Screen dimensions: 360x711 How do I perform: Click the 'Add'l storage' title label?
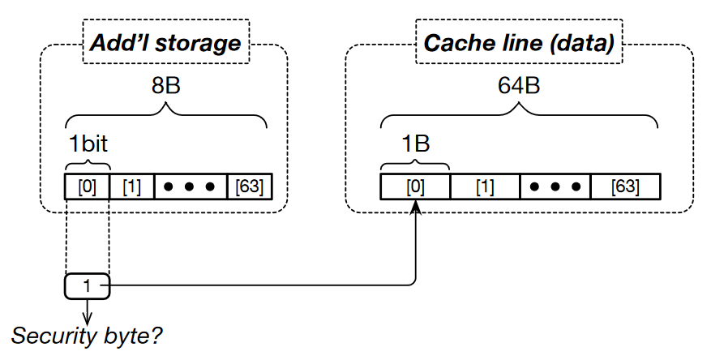tap(165, 42)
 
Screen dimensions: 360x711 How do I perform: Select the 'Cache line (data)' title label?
tap(520, 42)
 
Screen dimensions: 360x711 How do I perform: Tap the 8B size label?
tap(165, 88)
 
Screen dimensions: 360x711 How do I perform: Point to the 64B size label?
tap(519, 88)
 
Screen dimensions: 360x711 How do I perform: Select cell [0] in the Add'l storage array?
tap(87, 186)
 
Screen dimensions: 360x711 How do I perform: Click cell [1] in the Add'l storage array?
tap(131, 186)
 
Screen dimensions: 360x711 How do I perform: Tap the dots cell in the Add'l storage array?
tap(188, 186)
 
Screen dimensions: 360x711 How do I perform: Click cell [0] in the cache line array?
tap(414, 186)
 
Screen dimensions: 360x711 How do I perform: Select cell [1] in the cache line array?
tap(484, 186)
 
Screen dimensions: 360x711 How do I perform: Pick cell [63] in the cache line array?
tap(625, 186)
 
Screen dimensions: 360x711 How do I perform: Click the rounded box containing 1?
tap(87, 285)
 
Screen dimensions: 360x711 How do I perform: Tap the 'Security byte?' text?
tap(87, 334)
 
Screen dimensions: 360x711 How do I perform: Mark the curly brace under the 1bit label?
tap(87, 162)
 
